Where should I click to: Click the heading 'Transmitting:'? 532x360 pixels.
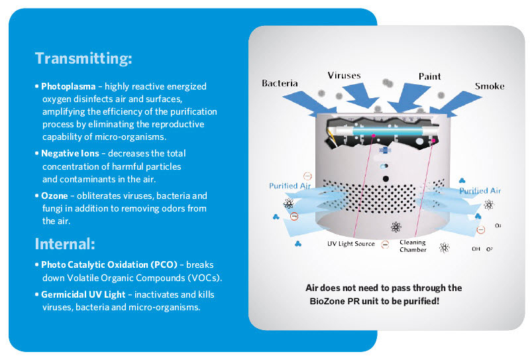pos(83,58)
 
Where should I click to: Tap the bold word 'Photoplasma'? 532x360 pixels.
pos(68,87)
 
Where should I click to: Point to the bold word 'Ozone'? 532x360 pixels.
pos(54,196)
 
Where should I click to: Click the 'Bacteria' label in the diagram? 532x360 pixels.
pos(280,84)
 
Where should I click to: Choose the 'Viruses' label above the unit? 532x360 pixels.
pos(344,75)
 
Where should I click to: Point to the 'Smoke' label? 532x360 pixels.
pos(489,86)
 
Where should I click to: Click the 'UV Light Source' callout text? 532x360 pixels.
pos(351,244)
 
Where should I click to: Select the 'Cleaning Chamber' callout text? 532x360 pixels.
pos(412,246)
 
